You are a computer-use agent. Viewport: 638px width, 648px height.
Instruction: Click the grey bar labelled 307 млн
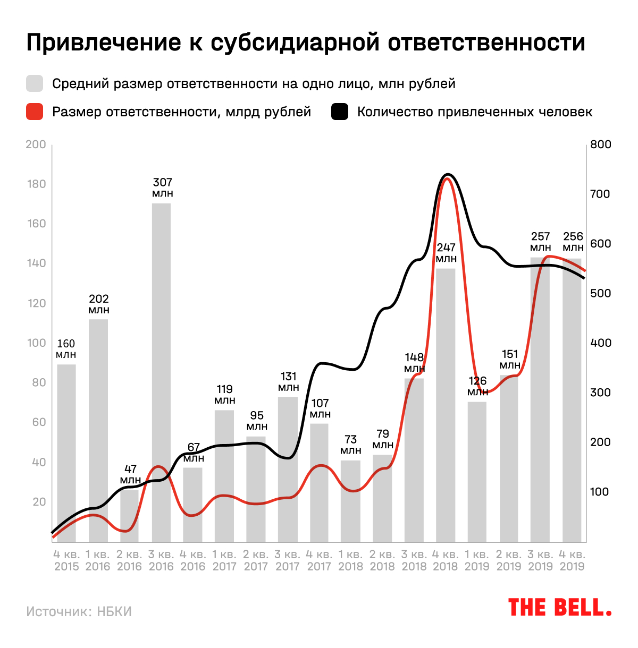point(162,372)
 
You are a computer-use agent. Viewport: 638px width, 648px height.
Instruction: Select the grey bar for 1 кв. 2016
point(98,430)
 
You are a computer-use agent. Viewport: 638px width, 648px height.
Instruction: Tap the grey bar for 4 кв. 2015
point(66,451)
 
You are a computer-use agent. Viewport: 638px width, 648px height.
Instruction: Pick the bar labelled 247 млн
point(446,404)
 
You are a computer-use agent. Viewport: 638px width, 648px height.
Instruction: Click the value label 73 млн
point(351,445)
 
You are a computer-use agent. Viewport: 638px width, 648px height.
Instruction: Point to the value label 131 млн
point(288,381)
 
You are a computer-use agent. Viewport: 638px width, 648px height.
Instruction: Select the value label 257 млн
point(541,242)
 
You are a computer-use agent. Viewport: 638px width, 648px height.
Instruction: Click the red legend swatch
point(35,112)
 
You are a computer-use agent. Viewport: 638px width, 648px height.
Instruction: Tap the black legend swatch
point(340,112)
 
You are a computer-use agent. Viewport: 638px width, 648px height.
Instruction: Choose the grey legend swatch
point(35,84)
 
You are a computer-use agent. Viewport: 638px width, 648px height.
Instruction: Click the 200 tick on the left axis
point(36,144)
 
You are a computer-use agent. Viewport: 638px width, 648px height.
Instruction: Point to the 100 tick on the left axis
point(36,343)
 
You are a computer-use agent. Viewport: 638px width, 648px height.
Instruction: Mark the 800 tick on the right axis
point(601,144)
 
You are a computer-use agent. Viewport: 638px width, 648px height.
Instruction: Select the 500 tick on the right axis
point(601,293)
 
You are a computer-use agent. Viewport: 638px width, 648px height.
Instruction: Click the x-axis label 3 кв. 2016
point(162,560)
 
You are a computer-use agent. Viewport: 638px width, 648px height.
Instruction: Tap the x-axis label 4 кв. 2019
point(573,560)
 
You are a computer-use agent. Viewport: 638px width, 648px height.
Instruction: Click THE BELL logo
point(559,607)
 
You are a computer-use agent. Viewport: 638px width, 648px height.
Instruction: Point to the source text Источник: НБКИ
point(79,611)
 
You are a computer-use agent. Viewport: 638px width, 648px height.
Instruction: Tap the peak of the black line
point(448,174)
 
